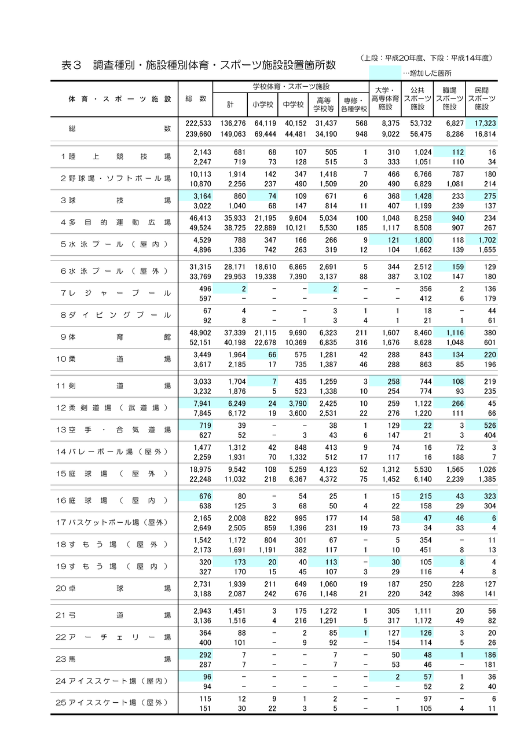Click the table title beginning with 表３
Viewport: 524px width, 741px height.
click(198, 65)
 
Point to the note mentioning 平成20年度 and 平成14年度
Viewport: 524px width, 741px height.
click(426, 57)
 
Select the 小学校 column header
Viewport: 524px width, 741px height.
click(262, 105)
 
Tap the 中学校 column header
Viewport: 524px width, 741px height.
click(293, 105)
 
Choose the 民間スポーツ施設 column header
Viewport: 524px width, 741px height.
click(481, 98)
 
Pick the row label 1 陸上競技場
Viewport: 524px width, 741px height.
click(116, 156)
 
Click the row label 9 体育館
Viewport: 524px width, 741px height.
click(116, 336)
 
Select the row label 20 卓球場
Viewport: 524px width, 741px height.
click(116, 588)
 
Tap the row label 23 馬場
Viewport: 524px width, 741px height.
click(116, 659)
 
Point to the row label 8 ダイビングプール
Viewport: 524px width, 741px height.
click(116, 315)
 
